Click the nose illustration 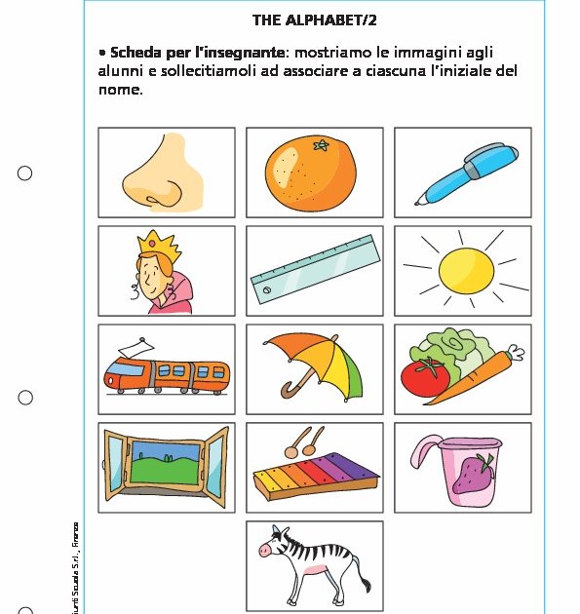pyautogui.click(x=164, y=174)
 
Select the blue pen pyautogui.click(x=461, y=173)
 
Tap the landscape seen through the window pyautogui.click(x=165, y=463)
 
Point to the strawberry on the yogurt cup pyautogui.click(x=477, y=475)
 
